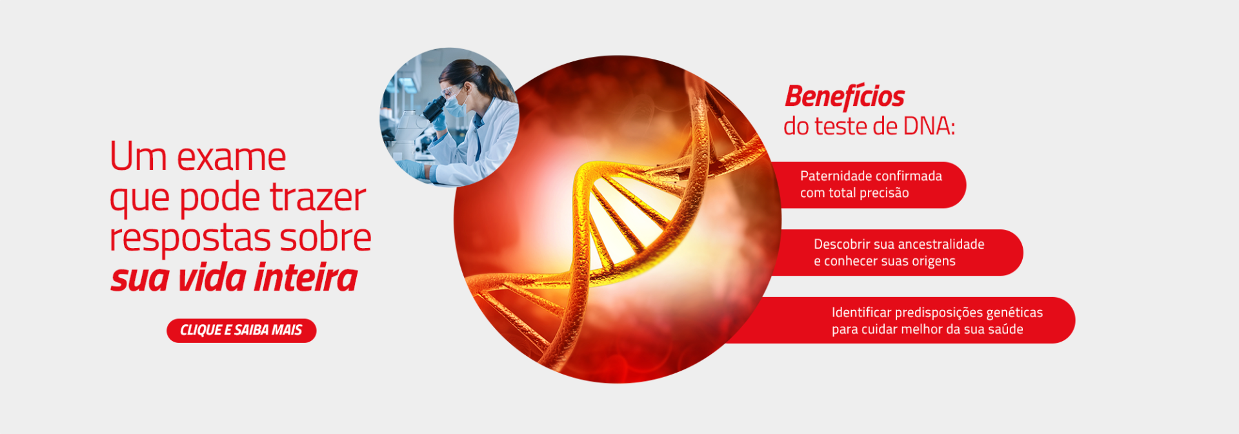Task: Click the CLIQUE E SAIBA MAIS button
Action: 241,331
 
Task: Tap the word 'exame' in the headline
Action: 231,157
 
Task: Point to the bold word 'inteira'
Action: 305,278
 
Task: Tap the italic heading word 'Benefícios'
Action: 845,96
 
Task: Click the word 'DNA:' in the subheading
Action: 929,126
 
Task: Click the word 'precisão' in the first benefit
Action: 884,193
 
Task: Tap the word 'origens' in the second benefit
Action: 933,262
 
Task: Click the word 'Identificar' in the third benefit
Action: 861,313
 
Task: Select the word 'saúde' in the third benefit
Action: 1006,329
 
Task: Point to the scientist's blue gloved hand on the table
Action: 412,169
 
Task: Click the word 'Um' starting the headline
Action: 138,157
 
